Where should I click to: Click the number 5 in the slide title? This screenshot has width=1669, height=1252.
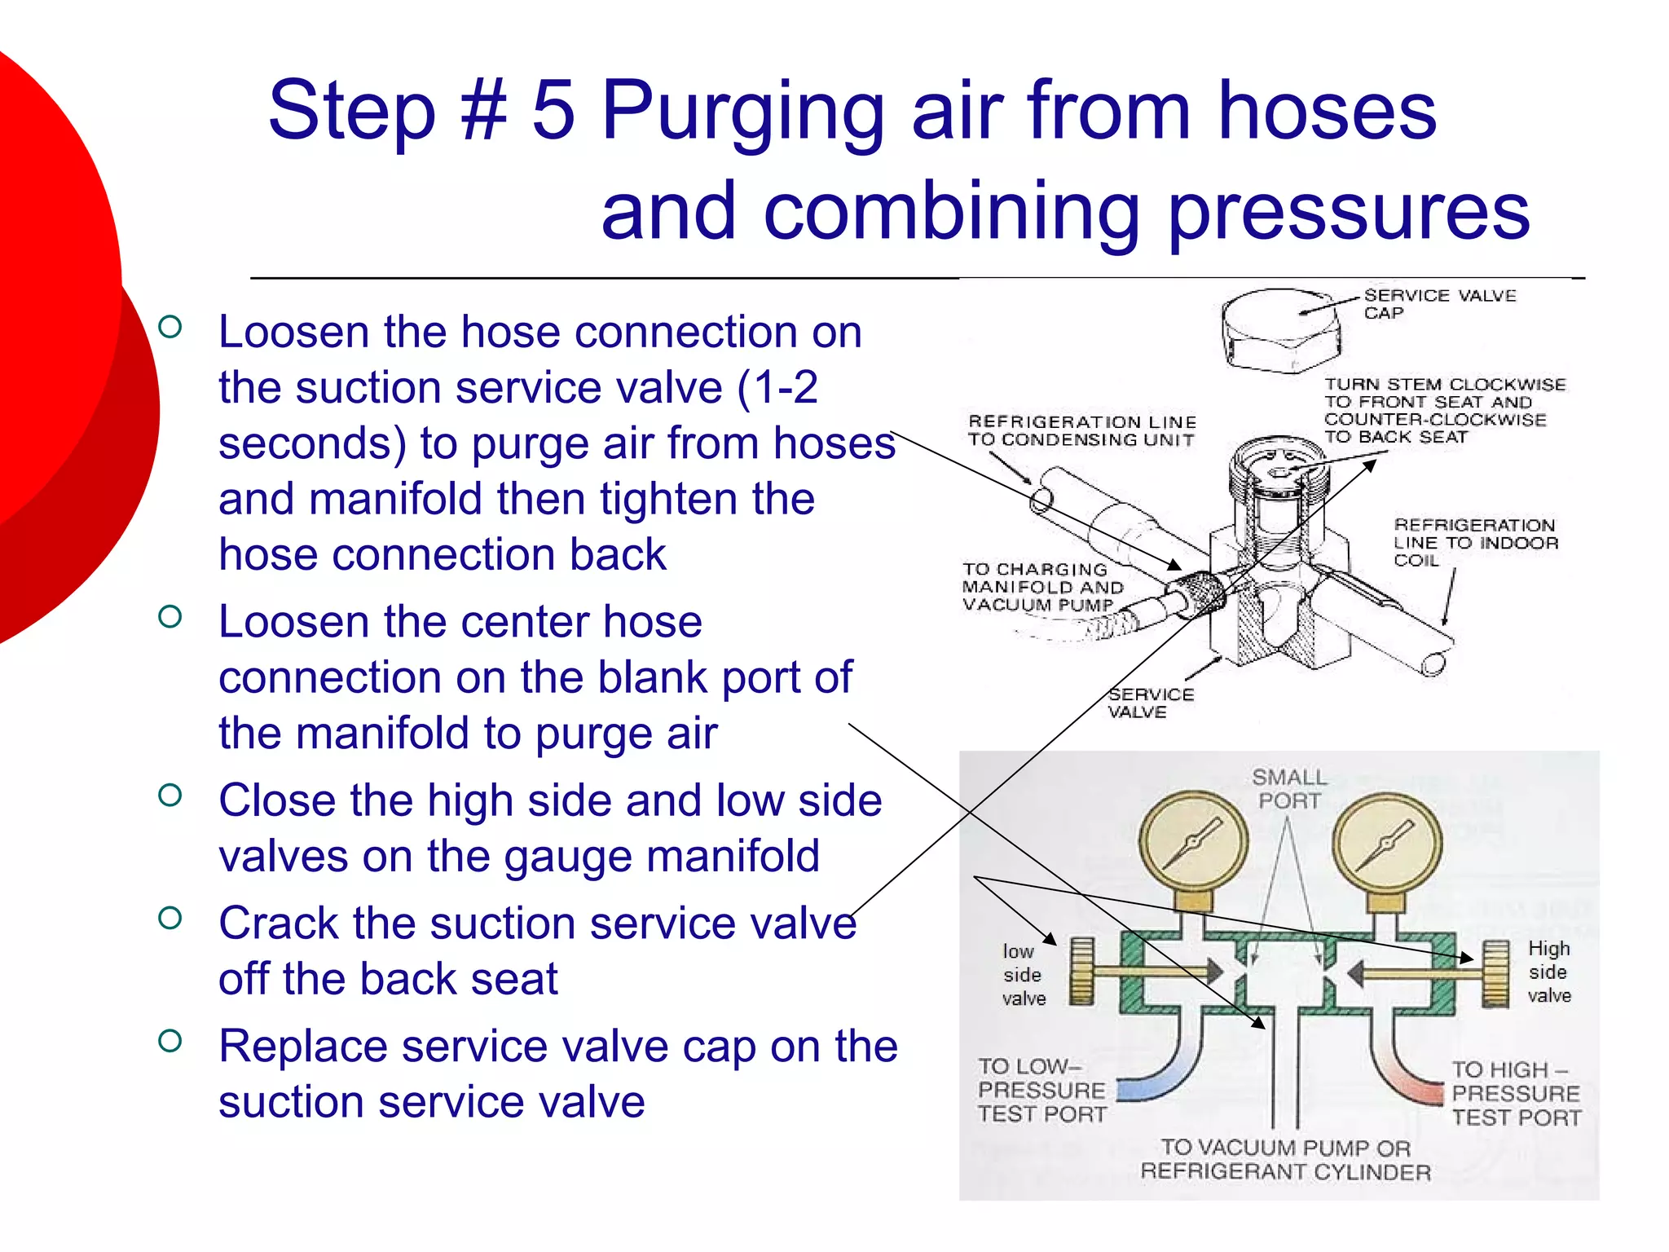coord(554,110)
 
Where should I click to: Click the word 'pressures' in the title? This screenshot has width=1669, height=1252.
coord(1349,212)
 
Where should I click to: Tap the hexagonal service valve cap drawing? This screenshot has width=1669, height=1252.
coord(1279,330)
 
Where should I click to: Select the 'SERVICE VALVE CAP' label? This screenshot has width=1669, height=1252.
coord(1439,303)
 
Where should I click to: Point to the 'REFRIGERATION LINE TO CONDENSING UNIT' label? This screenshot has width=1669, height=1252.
coord(1081,430)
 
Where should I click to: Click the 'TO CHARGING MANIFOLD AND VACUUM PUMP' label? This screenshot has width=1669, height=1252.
coord(1041,587)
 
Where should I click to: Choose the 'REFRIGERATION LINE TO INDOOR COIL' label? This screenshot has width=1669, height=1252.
coord(1475,542)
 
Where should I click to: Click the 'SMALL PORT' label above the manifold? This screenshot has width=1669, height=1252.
coord(1288,788)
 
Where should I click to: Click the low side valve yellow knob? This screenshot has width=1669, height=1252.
coord(1081,971)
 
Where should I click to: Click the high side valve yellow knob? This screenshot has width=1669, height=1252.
coord(1496,972)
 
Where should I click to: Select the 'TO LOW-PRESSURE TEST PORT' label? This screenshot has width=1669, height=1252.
coord(1042,1090)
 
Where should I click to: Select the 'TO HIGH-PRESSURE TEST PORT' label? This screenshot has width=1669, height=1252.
coord(1516,1093)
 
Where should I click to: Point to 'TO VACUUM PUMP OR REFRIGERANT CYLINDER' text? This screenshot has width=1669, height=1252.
coord(1286,1159)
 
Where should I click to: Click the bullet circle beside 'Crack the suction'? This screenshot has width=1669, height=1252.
coord(170,919)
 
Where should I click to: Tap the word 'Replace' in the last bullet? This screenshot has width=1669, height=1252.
coord(302,1046)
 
